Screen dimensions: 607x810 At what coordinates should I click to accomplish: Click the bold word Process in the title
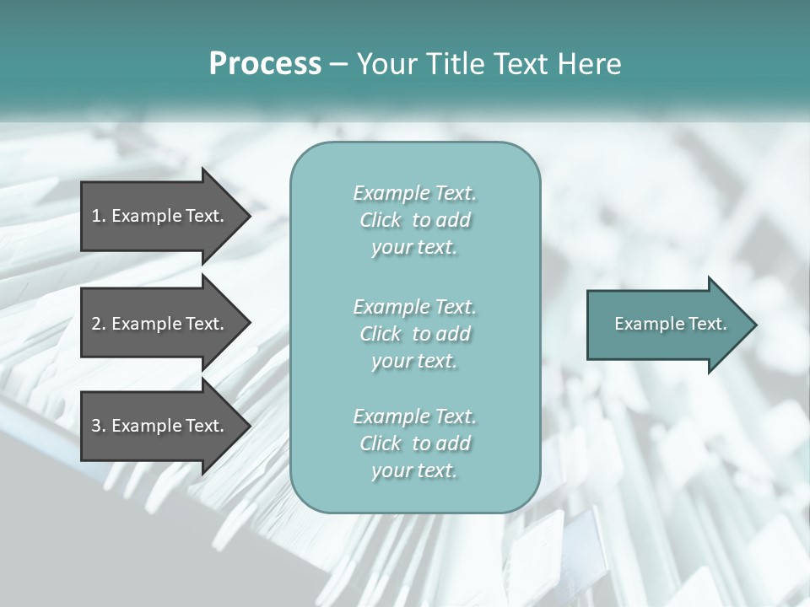(265, 64)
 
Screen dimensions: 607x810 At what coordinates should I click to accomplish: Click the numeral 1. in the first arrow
(99, 216)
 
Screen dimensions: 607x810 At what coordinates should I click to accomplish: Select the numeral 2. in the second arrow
(99, 324)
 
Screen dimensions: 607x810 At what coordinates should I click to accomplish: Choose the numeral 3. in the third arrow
(99, 426)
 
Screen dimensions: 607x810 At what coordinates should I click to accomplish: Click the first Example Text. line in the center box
(414, 193)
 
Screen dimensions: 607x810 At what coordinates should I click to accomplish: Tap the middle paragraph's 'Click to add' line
(414, 334)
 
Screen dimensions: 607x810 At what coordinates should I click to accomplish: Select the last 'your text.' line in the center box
(414, 471)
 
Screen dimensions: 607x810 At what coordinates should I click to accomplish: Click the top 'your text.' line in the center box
(414, 248)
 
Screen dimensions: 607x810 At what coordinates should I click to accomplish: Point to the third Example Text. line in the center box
(414, 416)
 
